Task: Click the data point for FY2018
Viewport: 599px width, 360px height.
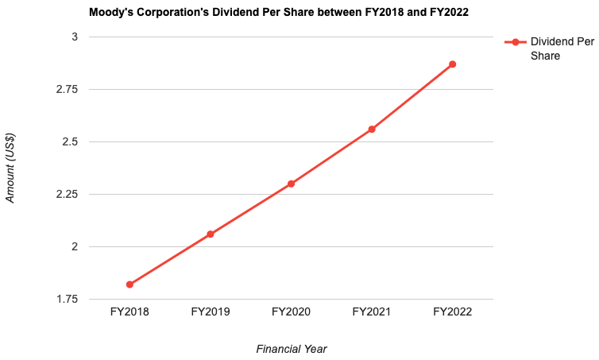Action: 129,285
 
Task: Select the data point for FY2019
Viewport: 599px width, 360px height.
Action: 211,234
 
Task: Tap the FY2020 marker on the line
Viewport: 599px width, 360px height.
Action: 291,184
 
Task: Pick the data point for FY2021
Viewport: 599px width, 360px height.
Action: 372,129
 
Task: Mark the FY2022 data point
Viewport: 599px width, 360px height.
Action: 452,64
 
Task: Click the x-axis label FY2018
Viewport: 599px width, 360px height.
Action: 129,312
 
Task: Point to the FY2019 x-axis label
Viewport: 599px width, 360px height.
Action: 211,312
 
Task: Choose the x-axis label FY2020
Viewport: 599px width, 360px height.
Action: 291,312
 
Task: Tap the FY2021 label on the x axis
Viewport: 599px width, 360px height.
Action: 372,312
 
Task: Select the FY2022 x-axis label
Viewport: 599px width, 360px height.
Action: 452,312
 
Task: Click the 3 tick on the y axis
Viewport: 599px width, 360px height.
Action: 74,37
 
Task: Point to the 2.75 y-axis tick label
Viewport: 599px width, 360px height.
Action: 67,90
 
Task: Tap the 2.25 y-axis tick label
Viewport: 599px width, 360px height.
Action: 67,195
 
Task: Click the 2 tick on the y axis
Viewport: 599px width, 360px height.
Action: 74,247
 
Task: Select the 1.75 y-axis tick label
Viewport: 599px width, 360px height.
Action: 67,300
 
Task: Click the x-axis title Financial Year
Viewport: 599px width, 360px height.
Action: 291,348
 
